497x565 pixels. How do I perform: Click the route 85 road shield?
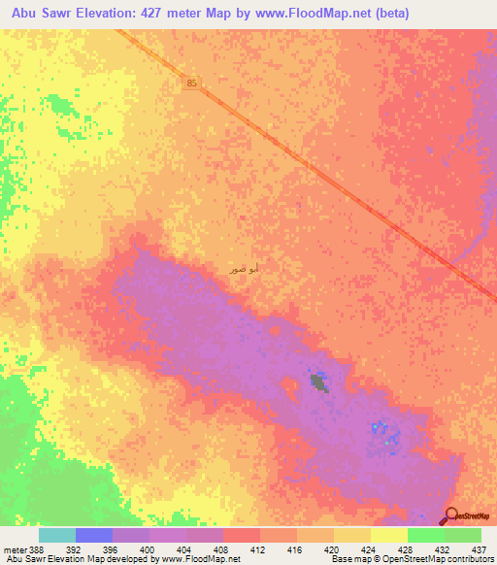pyautogui.click(x=192, y=84)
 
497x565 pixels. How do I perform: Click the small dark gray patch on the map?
pyautogui.click(x=318, y=382)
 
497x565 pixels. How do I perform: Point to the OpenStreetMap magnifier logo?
pyautogui.click(x=451, y=516)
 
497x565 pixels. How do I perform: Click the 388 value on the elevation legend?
pyautogui.click(x=37, y=548)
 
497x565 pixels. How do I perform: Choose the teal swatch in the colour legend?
pyautogui.click(x=57, y=535)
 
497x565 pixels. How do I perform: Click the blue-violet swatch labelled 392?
pyautogui.click(x=94, y=535)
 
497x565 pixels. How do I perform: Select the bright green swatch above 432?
pyautogui.click(x=426, y=535)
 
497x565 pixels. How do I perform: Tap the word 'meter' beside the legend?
pyautogui.click(x=16, y=548)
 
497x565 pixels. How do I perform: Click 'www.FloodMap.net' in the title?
pyautogui.click(x=314, y=14)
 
